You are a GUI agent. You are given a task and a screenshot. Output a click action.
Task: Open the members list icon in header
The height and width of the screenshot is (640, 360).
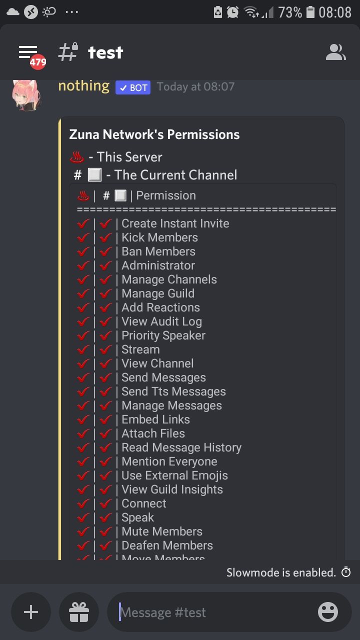click(x=335, y=52)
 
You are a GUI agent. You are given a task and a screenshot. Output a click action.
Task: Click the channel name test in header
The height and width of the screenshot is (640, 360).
click(x=105, y=52)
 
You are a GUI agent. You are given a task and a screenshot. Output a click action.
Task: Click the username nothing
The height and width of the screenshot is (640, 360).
click(x=83, y=86)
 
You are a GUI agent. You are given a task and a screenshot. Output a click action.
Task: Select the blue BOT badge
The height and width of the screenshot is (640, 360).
click(x=133, y=87)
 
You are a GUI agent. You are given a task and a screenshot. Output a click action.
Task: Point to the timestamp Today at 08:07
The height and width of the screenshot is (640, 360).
click(x=195, y=86)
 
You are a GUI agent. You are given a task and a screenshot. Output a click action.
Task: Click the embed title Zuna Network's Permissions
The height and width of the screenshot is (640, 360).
click(x=154, y=134)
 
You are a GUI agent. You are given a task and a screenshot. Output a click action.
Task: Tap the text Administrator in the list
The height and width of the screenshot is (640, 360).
click(x=158, y=265)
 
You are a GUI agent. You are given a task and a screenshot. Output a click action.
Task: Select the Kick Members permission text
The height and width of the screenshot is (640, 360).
click(x=159, y=237)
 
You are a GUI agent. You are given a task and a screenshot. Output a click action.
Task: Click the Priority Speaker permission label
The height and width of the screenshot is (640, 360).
click(x=163, y=335)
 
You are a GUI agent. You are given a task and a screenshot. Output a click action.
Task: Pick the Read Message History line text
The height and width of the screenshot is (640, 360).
click(x=181, y=447)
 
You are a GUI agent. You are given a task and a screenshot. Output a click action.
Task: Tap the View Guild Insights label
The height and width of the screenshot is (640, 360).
click(x=172, y=489)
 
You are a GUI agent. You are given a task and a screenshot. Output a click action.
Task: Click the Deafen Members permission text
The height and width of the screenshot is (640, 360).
click(x=167, y=545)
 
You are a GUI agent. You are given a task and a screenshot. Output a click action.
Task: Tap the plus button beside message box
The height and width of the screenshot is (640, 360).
click(x=31, y=612)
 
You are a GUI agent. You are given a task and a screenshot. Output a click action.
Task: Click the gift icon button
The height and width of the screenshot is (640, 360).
click(x=78, y=612)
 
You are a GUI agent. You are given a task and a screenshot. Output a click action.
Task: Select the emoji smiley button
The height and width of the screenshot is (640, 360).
click(x=328, y=612)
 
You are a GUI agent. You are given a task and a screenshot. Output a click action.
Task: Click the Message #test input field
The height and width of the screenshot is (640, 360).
click(x=210, y=612)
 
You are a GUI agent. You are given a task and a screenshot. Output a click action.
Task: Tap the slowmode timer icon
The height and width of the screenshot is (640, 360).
click(x=346, y=572)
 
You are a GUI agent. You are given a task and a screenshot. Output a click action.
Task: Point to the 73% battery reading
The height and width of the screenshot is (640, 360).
click(x=289, y=12)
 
